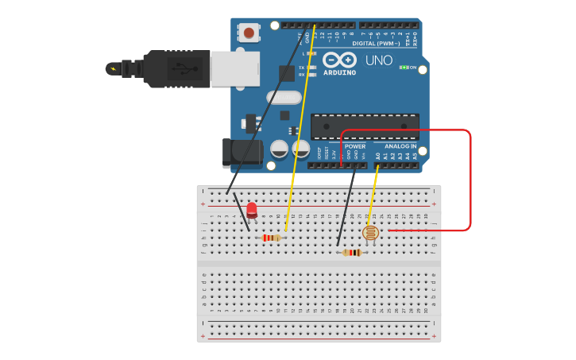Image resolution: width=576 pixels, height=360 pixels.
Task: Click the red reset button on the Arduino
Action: click(x=249, y=33)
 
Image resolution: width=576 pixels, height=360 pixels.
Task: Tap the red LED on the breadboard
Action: click(x=252, y=210)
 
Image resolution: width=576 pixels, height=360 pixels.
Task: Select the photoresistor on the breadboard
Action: click(x=370, y=233)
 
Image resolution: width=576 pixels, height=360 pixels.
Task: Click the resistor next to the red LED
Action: click(x=271, y=238)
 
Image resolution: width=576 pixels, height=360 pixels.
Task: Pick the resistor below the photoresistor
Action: click(x=352, y=253)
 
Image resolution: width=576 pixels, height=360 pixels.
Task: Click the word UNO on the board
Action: click(x=379, y=60)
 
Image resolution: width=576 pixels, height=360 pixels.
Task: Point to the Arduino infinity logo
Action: click(x=340, y=60)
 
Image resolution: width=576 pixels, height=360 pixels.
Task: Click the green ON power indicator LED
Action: click(x=404, y=68)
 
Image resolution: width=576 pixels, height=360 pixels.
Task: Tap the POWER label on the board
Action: click(x=355, y=146)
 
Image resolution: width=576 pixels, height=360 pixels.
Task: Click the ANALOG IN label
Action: click(x=400, y=146)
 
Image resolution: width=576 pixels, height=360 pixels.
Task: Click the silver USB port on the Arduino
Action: click(x=234, y=68)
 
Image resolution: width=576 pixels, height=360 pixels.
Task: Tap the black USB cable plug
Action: click(x=176, y=68)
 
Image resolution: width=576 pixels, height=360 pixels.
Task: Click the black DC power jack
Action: click(x=242, y=153)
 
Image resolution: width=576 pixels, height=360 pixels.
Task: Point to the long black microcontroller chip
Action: click(x=365, y=126)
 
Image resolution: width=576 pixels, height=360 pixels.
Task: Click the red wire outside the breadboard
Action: click(x=470, y=183)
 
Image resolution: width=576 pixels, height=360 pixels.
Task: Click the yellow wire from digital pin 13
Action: click(x=300, y=127)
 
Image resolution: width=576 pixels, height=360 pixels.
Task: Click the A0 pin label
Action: click(x=378, y=157)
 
